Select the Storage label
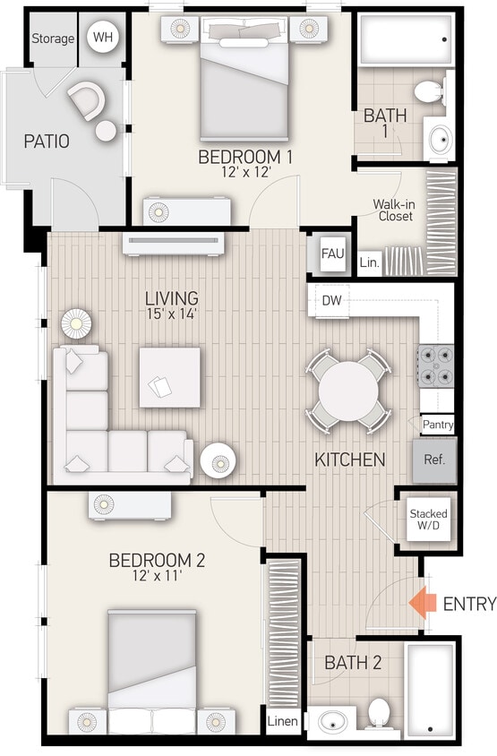pyautogui.click(x=54, y=39)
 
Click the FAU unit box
pyautogui.click(x=333, y=253)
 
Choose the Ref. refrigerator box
pyautogui.click(x=434, y=460)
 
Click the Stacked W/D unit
pyautogui.click(x=428, y=520)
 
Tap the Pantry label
pyautogui.click(x=437, y=425)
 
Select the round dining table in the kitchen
pyautogui.click(x=349, y=391)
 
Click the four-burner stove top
pyautogui.click(x=436, y=365)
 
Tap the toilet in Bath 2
pyautogui.click(x=378, y=714)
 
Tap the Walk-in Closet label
pyautogui.click(x=395, y=210)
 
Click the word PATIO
pyautogui.click(x=47, y=142)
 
